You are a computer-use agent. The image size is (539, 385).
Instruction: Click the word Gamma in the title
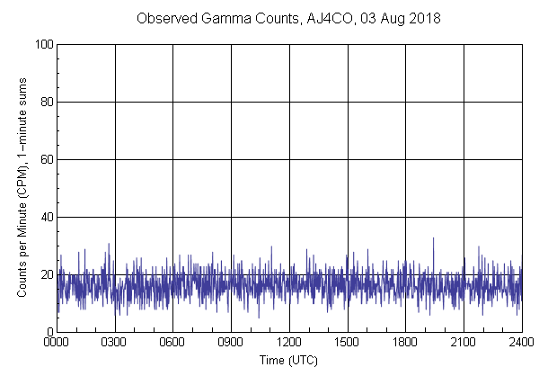(x=232, y=19)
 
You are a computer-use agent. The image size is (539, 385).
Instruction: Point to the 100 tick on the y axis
(x=42, y=44)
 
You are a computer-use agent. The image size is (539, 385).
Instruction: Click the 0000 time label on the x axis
(x=57, y=343)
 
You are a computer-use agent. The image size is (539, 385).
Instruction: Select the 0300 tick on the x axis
(x=115, y=343)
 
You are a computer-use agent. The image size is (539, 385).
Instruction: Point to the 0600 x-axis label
(x=173, y=343)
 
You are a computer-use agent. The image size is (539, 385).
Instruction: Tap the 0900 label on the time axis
(x=231, y=343)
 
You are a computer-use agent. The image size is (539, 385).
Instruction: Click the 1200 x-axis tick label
(x=289, y=343)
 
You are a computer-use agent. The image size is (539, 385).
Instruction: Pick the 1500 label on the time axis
(x=348, y=343)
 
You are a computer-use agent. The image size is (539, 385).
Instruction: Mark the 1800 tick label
(x=405, y=343)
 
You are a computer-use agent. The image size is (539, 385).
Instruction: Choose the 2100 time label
(x=464, y=343)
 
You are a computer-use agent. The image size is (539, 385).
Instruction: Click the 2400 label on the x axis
(x=521, y=343)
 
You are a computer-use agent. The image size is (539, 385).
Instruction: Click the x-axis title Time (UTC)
(x=288, y=360)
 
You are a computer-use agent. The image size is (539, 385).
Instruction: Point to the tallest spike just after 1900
(x=433, y=239)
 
